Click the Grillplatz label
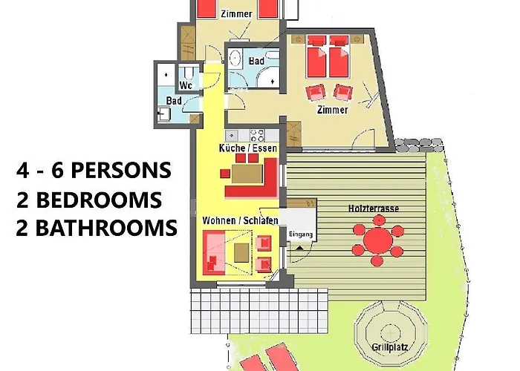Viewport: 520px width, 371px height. tap(390, 347)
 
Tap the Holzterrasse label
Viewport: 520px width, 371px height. tap(374, 209)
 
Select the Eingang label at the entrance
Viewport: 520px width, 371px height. tap(300, 234)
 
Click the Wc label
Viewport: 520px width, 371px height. tap(186, 85)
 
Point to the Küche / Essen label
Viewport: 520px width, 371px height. tap(247, 148)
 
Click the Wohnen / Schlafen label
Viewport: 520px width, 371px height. tap(240, 220)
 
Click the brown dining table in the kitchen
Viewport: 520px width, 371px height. tap(247, 174)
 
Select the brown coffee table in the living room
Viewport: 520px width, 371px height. tap(241, 252)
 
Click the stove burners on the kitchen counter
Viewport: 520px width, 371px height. tap(257, 136)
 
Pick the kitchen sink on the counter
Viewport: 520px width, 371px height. tap(232, 136)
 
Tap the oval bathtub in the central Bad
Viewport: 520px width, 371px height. tap(235, 59)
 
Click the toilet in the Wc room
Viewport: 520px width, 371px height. tap(189, 73)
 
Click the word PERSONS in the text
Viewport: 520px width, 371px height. tap(121, 170)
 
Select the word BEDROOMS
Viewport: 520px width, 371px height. tap(99, 200)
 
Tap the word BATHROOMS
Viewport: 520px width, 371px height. tap(106, 229)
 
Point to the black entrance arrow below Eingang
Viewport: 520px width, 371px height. tap(299, 247)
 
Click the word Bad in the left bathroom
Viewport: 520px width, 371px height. tap(174, 100)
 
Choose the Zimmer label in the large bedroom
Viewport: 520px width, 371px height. tap(332, 110)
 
